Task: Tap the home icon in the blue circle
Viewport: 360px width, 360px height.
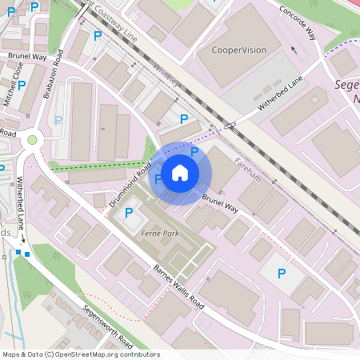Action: tap(180, 172)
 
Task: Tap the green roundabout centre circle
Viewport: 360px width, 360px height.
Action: tap(32, 140)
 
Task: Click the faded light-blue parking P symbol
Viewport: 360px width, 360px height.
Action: tap(58, 121)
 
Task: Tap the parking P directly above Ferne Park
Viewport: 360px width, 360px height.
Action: tap(129, 212)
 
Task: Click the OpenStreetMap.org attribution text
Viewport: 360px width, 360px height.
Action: tap(113, 354)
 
